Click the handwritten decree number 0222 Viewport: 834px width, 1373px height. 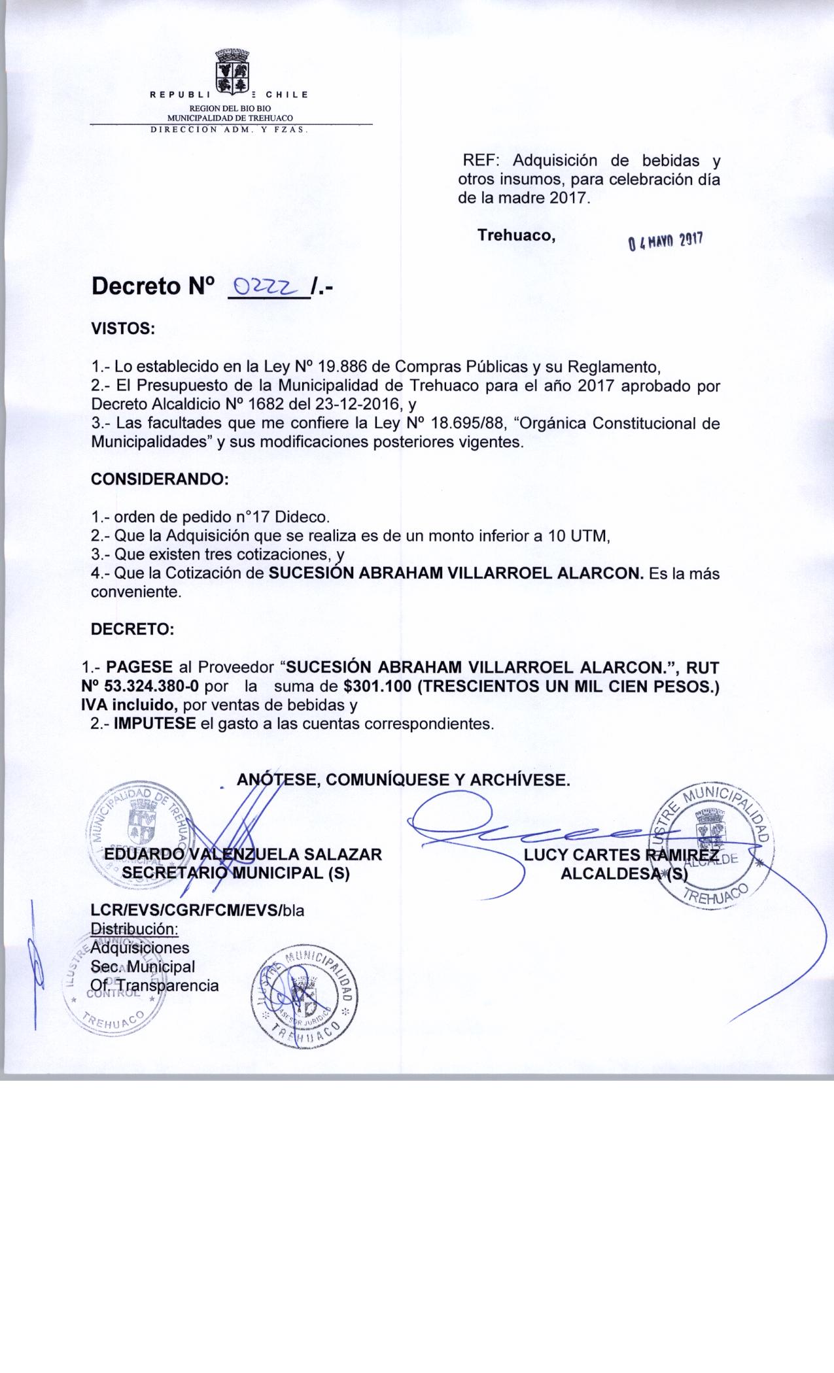coord(267,286)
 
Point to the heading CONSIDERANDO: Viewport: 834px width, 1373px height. coord(159,479)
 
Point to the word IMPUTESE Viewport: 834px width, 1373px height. coord(155,724)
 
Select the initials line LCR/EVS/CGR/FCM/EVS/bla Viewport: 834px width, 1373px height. coord(198,910)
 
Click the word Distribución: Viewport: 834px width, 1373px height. coord(134,929)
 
